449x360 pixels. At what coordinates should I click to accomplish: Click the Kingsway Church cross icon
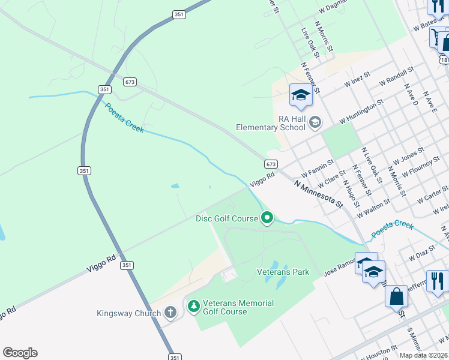pyautogui.click(x=170, y=313)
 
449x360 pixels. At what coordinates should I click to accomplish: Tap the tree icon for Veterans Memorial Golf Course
pyautogui.click(x=193, y=307)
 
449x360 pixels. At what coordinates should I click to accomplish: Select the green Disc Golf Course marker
pyautogui.click(x=267, y=218)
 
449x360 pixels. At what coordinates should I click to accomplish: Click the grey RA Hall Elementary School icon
pyautogui.click(x=315, y=123)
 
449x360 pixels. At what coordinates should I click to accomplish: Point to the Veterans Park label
pyautogui.click(x=283, y=272)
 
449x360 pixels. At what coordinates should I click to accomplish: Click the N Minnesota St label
pyautogui.click(x=318, y=193)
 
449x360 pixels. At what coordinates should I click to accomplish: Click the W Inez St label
pyautogui.click(x=357, y=80)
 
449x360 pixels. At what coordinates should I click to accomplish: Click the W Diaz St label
pyautogui.click(x=421, y=252)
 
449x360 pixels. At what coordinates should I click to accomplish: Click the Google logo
pyautogui.click(x=20, y=353)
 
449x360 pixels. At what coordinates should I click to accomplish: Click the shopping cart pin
pyautogui.click(x=436, y=37)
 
